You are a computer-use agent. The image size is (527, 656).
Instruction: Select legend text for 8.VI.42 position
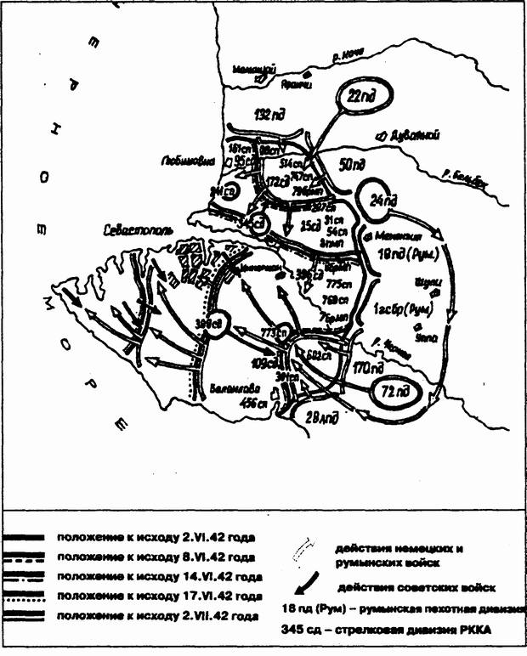pos(156,557)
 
